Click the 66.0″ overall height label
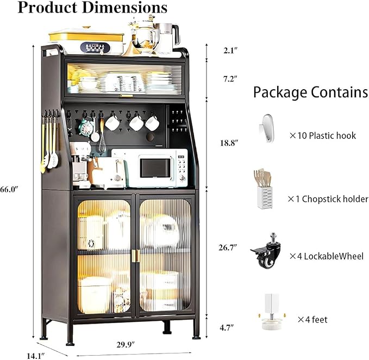(x=9, y=189)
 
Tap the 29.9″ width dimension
(x=126, y=344)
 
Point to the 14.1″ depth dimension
(x=36, y=356)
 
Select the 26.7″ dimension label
(x=228, y=247)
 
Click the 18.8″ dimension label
(x=229, y=143)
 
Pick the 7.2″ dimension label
(x=230, y=79)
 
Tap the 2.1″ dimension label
(x=230, y=51)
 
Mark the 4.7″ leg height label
(x=227, y=327)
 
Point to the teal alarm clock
(x=86, y=127)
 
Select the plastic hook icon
(x=267, y=128)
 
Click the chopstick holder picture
(x=263, y=189)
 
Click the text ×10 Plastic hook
(x=323, y=135)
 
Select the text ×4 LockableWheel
(x=327, y=256)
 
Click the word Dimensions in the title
(x=125, y=7)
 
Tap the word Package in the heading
(x=280, y=92)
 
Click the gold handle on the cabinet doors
(x=135, y=255)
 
